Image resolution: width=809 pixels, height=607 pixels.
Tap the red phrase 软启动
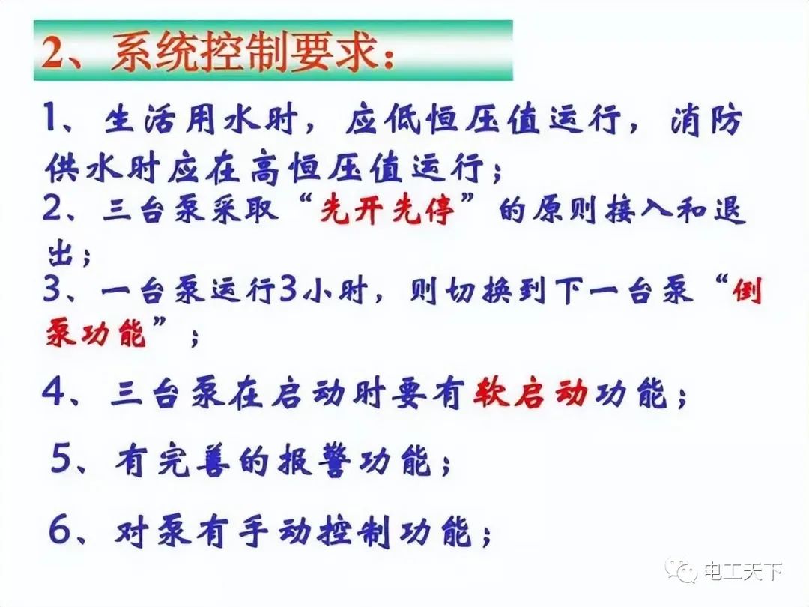[530, 393]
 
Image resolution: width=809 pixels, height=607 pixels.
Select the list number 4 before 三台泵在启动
[54, 393]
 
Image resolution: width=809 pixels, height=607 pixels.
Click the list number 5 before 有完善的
[64, 459]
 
